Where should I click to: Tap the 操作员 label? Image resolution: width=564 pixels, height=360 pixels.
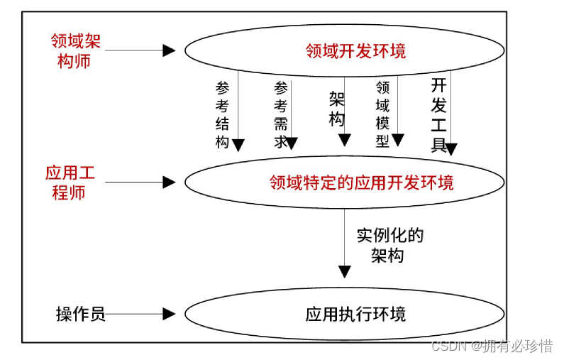81,314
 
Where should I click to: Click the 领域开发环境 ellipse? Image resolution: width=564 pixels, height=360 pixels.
345,51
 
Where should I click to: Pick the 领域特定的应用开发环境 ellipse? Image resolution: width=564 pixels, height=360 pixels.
345,182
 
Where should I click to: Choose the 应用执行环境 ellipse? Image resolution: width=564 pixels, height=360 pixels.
345,314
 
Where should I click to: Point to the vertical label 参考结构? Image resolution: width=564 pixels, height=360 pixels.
223,114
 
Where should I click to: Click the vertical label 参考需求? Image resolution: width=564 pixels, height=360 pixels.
281,114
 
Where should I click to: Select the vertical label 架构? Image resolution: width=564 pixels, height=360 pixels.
336,108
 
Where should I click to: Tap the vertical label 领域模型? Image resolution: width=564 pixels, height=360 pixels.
382,114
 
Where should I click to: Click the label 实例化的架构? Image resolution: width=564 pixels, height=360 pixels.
389,246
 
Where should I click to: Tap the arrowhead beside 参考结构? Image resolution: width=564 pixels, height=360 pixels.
238,145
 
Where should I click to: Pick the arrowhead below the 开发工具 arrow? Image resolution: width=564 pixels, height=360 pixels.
450,149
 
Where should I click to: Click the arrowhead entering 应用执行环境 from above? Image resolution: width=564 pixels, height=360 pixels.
345,271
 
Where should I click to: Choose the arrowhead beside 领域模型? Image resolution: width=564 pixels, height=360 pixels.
398,140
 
